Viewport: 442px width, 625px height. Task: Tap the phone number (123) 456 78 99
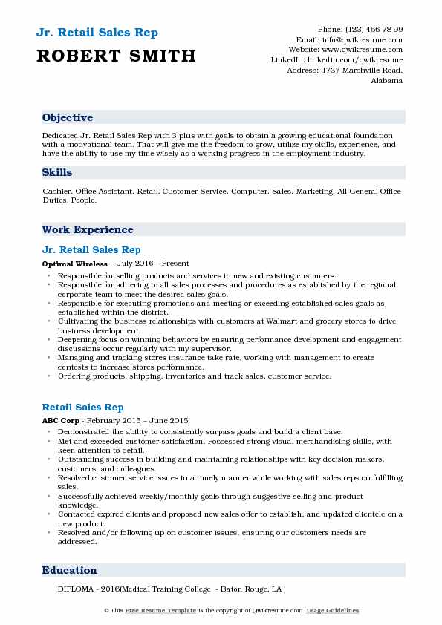tap(373, 28)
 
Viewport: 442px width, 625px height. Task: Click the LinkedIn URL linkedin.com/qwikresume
tap(357, 59)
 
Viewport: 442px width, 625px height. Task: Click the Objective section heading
tap(68, 117)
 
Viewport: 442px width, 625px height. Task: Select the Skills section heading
tap(57, 172)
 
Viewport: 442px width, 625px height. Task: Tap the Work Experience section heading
tap(88, 229)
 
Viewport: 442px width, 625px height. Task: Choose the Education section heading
tap(70, 570)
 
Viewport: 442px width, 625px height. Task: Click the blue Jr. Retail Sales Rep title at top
tap(96, 33)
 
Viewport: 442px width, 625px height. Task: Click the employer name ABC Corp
tap(59, 421)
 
